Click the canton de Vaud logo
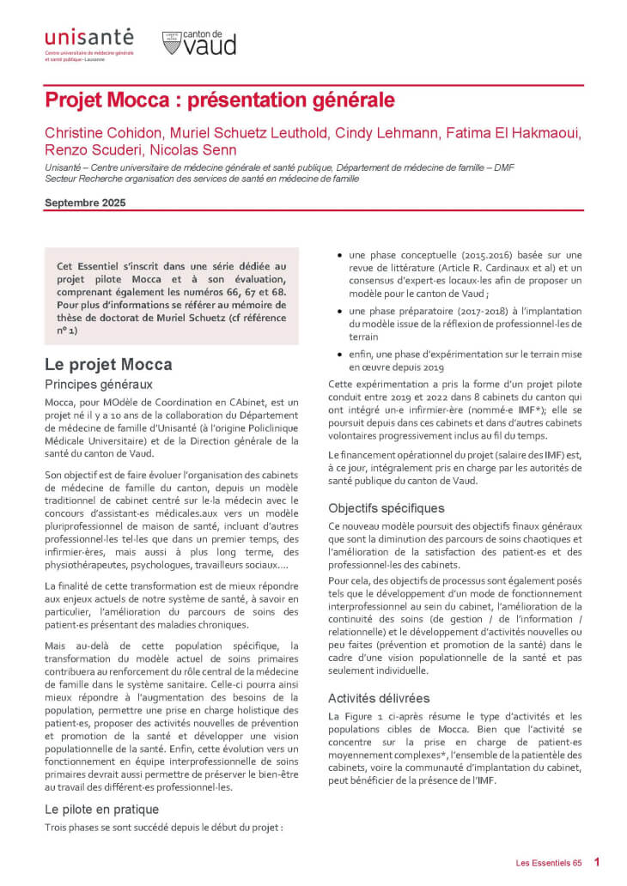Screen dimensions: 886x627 pyautogui.click(x=198, y=43)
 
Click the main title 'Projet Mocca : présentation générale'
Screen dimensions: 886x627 pyautogui.click(x=220, y=100)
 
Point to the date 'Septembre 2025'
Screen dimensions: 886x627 pyautogui.click(x=85, y=203)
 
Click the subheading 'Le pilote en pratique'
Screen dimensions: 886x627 pyautogui.click(x=101, y=809)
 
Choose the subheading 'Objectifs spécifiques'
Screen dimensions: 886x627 pyautogui.click(x=386, y=507)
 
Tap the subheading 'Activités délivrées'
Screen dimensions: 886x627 pyautogui.click(x=379, y=698)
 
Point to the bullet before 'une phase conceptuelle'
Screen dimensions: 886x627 pyautogui.click(x=341, y=256)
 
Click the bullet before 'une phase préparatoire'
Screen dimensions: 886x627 pyautogui.click(x=341, y=310)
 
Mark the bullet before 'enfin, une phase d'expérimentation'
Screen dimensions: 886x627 pyautogui.click(x=341, y=352)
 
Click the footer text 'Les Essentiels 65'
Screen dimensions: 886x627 pyautogui.click(x=548, y=862)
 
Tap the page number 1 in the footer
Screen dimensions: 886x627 pyautogui.click(x=597, y=862)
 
